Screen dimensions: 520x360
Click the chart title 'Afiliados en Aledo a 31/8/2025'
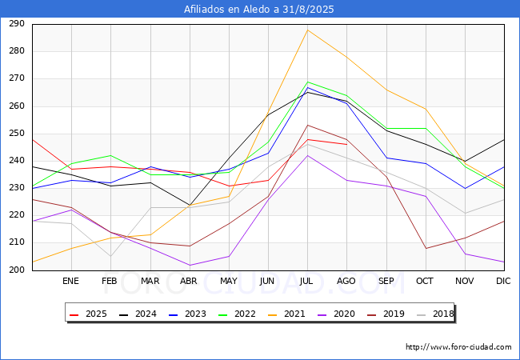258,9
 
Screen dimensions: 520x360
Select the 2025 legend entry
89,314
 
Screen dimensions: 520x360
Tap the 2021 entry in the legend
286,314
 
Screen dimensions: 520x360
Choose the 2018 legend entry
435,314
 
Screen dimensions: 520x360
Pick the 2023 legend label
187,314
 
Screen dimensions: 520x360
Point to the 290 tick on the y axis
17,23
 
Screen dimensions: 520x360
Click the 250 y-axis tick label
17,134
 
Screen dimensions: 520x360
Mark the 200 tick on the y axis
17,270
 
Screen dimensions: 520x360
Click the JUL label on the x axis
306,281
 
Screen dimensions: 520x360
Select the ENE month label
70,281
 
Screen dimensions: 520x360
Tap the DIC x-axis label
503,281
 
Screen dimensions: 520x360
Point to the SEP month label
386,281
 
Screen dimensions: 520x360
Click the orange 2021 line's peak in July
308,30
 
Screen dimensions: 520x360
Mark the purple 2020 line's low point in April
190,265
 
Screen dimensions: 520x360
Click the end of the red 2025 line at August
346,145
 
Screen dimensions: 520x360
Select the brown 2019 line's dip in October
426,248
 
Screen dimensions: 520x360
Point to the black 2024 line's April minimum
190,205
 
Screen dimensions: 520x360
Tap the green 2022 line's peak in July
308,82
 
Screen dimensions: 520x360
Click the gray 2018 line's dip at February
110,257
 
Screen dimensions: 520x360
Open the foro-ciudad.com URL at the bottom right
458,347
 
